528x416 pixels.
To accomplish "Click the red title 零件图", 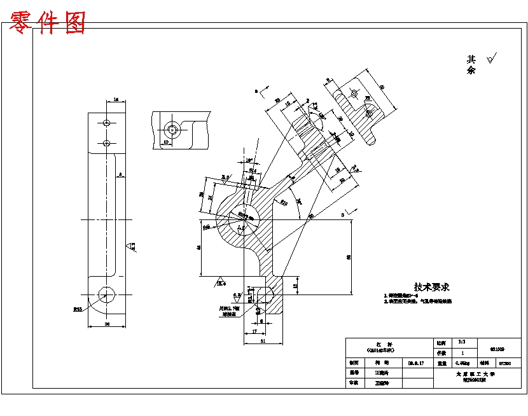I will tap(48, 23).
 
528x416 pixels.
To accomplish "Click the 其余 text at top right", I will tap(471, 64).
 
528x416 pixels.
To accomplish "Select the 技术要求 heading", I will tap(432, 288).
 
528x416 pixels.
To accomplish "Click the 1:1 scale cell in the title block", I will tap(452, 342).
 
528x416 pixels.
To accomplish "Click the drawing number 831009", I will tap(497, 349).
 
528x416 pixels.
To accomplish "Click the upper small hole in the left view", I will tap(107, 122).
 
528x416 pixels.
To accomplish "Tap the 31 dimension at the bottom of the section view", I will tap(263, 342).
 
